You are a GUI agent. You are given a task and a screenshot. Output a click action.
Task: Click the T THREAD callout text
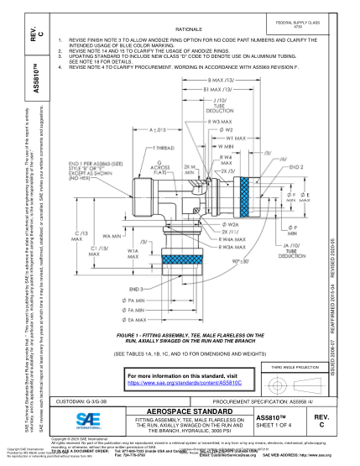click(164, 146)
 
